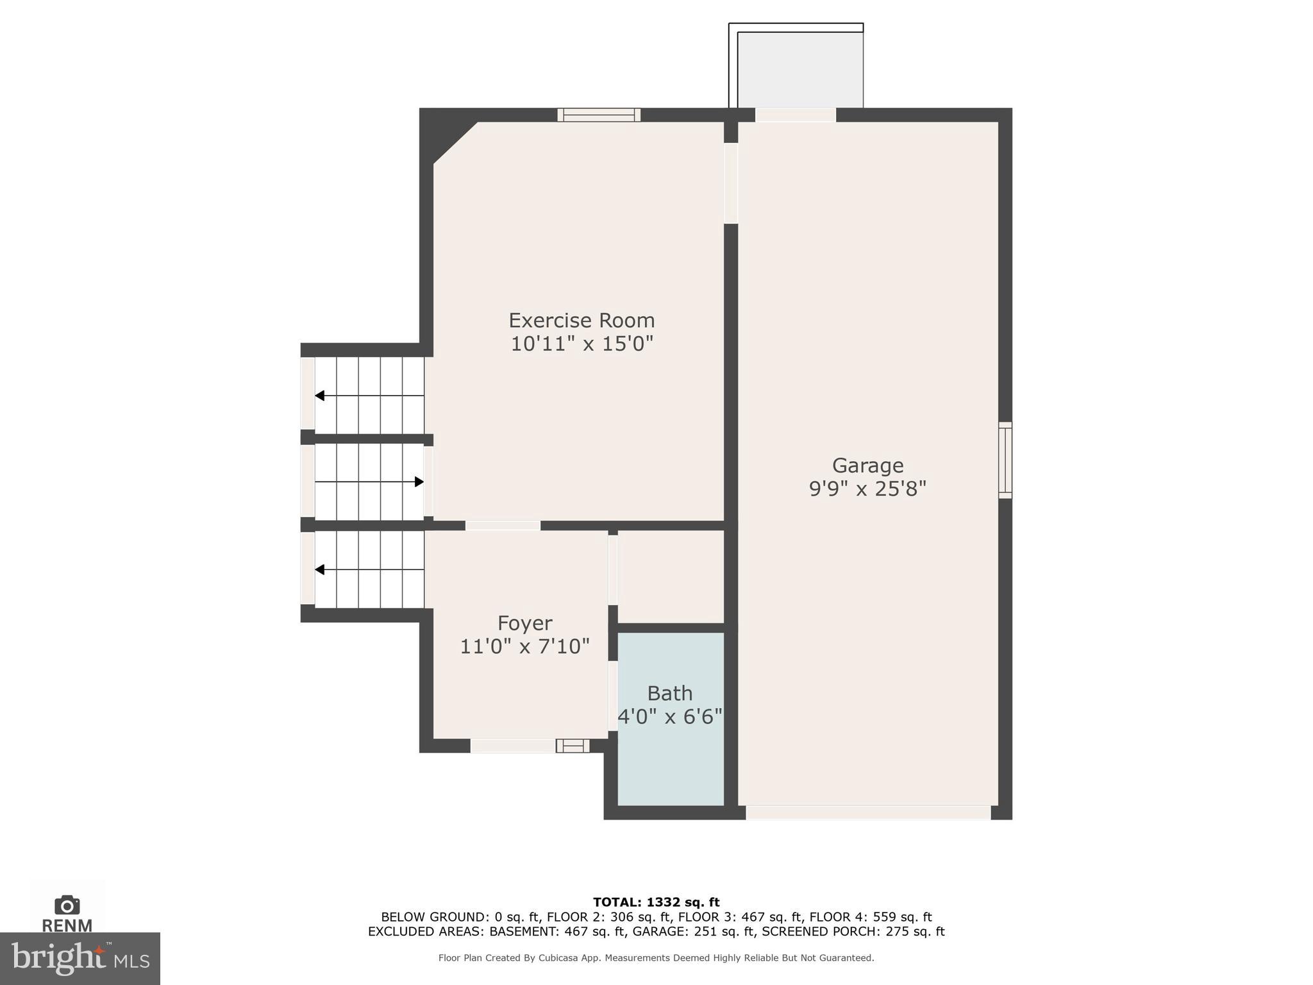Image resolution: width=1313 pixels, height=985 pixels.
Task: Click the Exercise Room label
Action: click(581, 321)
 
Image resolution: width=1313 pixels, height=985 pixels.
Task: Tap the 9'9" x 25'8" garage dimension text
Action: click(867, 489)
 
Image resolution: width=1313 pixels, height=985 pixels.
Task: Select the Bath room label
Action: click(669, 693)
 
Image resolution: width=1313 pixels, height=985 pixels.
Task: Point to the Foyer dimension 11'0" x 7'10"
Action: click(524, 646)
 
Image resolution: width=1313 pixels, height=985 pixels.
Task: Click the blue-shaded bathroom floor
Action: click(670, 763)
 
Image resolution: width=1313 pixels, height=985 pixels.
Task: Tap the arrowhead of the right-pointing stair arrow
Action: click(419, 482)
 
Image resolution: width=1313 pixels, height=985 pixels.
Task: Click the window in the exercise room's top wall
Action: click(599, 115)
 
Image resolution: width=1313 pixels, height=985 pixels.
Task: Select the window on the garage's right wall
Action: click(1005, 460)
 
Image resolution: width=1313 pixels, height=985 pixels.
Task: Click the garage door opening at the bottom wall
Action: click(867, 812)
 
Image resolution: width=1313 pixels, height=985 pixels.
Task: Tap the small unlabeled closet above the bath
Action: click(671, 575)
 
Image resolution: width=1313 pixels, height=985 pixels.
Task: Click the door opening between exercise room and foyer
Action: click(503, 526)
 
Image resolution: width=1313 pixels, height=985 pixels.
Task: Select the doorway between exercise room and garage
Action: click(731, 183)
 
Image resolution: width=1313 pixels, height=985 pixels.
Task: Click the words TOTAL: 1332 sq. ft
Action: click(656, 903)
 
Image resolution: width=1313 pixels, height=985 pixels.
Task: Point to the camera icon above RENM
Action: click(67, 905)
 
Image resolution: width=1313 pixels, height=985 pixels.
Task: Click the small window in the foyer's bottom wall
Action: click(572, 746)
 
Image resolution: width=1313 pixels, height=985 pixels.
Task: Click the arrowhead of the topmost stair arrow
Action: click(319, 396)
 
